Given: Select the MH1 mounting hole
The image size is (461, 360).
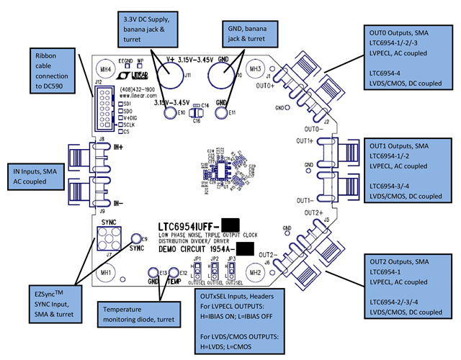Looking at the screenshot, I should point(106,273).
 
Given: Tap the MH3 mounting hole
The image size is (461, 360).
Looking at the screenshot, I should point(254,69).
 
